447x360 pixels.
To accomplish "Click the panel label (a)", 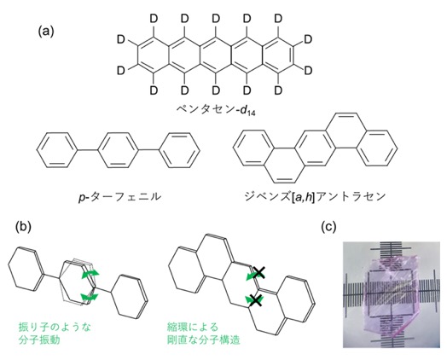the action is (46, 32).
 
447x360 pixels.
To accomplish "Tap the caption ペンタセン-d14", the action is (216, 110).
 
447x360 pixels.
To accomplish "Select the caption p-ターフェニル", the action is (119, 197).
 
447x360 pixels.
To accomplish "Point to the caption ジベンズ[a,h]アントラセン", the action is (315, 197).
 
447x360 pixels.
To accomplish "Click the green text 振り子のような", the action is (55, 327).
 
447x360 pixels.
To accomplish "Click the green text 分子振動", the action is (39, 340).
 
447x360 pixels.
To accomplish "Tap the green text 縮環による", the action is (193, 327).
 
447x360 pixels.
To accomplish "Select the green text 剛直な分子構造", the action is (204, 340).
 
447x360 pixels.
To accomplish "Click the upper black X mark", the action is (258, 273).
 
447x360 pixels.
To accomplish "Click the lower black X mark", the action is (255, 301).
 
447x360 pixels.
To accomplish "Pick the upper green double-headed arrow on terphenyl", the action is (90, 274).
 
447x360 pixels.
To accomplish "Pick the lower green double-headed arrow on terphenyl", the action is (90, 297).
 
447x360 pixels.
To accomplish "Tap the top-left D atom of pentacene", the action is (154, 19).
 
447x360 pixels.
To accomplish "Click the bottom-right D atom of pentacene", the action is (278, 90).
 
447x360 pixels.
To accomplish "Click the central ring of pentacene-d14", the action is (216, 55).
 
